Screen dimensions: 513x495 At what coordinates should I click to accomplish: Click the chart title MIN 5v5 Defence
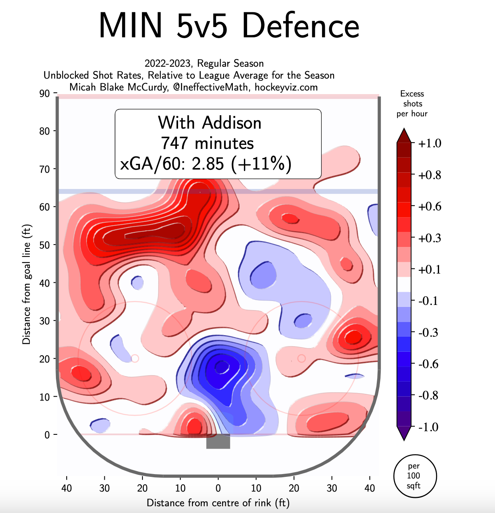(229, 26)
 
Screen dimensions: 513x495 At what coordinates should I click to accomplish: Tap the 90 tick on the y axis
(44, 94)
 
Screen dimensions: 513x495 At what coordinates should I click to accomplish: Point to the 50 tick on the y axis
(44, 245)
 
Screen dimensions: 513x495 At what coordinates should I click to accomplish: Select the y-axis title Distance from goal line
(26, 284)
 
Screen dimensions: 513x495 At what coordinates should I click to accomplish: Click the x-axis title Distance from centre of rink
(218, 503)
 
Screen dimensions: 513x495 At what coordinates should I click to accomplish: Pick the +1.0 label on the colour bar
(430, 143)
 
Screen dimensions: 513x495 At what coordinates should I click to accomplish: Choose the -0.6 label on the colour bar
(428, 364)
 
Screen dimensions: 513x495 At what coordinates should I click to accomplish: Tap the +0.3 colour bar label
(430, 238)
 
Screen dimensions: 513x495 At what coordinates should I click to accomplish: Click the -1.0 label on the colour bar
(428, 427)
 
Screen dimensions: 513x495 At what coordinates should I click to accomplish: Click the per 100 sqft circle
(415, 476)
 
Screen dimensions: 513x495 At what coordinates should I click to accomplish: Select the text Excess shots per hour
(412, 104)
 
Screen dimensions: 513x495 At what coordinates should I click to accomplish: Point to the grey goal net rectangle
(218, 442)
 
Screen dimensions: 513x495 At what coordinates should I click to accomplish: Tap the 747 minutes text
(207, 143)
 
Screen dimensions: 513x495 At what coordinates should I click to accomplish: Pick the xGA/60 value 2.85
(208, 164)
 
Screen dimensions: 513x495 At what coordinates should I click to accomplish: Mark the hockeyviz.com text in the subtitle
(286, 87)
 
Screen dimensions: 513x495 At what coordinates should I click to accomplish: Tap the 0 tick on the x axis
(218, 488)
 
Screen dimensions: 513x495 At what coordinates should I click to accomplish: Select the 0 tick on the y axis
(47, 435)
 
